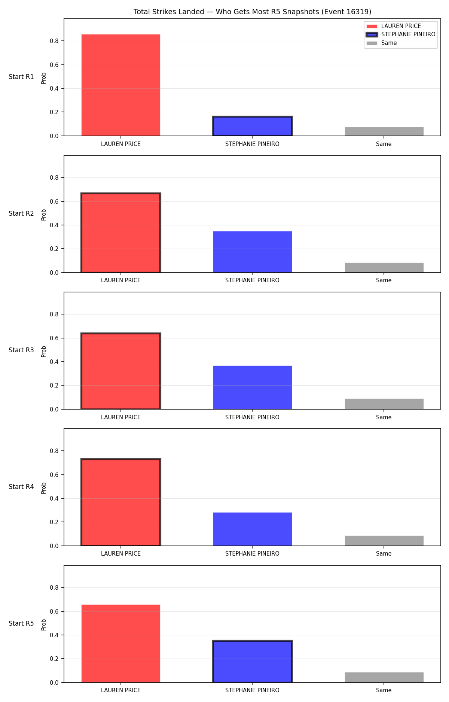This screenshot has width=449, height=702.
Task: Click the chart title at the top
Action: click(x=252, y=12)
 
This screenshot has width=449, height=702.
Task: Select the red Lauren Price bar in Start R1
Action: click(x=121, y=85)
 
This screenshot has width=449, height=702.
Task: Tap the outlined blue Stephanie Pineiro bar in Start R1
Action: click(x=253, y=126)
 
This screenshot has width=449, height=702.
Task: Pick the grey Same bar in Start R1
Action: click(x=384, y=132)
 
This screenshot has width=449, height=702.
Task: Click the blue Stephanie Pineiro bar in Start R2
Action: click(x=253, y=252)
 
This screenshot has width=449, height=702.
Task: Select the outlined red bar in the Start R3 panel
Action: click(x=121, y=371)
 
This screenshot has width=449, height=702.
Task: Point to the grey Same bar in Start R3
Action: click(x=384, y=404)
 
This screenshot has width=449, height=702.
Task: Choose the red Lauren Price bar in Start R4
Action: click(x=121, y=502)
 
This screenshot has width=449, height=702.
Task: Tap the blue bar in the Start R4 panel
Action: click(x=253, y=529)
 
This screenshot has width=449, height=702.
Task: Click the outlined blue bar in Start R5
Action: click(x=253, y=662)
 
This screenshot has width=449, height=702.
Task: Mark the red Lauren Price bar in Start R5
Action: click(x=121, y=644)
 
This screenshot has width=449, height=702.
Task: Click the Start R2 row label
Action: click(x=21, y=213)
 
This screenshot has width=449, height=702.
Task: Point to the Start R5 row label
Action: click(x=21, y=623)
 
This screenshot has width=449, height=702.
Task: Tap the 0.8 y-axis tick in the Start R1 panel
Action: click(x=54, y=41)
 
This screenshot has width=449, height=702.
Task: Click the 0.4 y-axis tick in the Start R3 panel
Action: click(x=54, y=362)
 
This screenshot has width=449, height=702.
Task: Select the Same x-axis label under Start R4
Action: click(x=384, y=554)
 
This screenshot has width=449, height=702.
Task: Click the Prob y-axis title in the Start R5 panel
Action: click(x=44, y=625)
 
